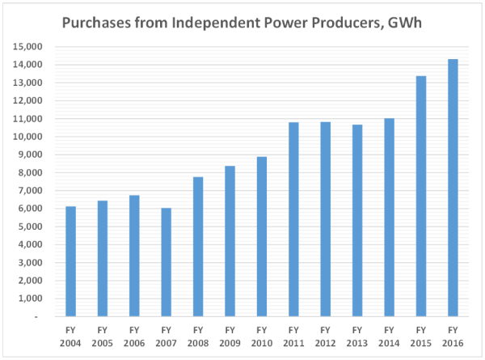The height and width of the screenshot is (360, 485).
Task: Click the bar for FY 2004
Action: [70, 261]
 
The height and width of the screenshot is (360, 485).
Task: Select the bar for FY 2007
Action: [166, 262]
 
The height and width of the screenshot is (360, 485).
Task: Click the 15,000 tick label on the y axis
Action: [29, 47]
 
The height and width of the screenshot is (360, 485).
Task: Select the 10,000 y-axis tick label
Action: [29, 137]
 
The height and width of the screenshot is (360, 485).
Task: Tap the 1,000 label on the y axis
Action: [32, 299]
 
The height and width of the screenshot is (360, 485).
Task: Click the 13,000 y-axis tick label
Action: [29, 83]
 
